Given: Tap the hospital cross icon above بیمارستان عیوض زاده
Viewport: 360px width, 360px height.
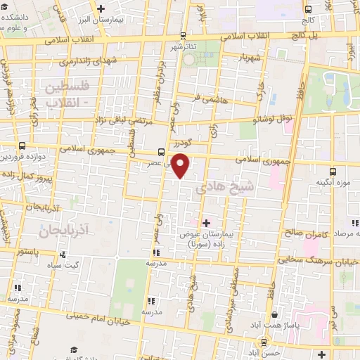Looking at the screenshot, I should pos(206,224).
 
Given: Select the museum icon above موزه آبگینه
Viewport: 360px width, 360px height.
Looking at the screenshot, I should pos(334,171).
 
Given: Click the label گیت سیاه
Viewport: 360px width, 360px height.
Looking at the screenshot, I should pos(82,266).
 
